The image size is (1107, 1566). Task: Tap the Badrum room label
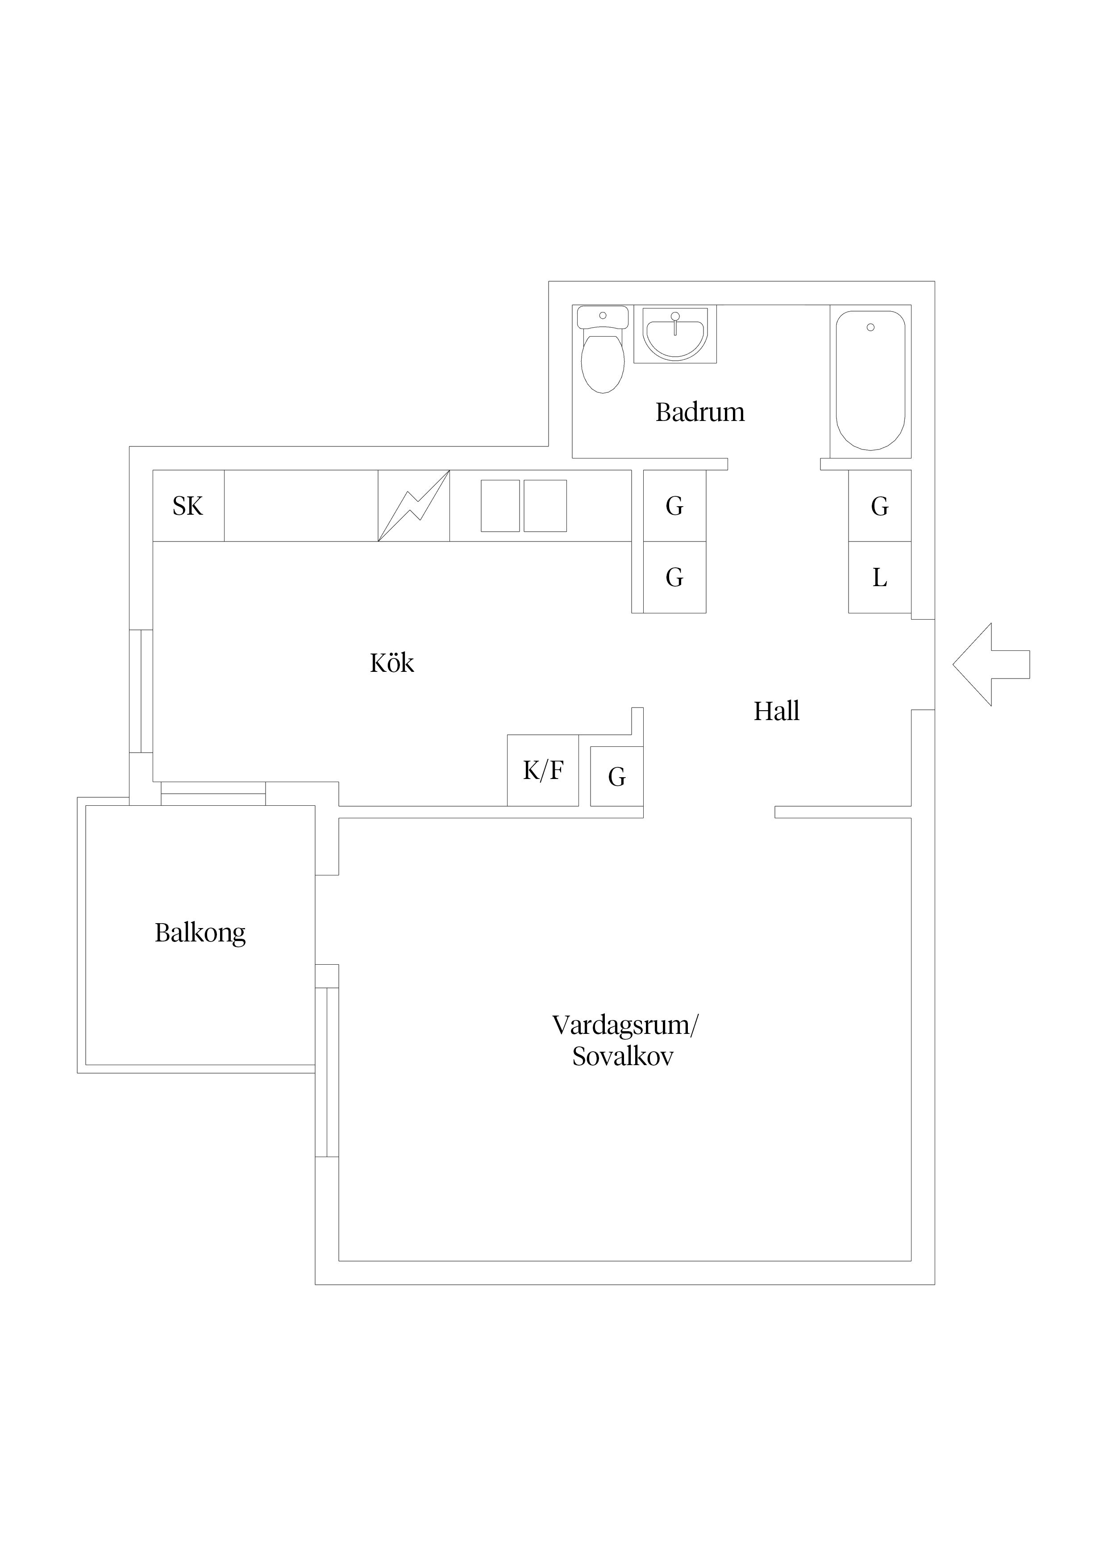pyautogui.click(x=700, y=412)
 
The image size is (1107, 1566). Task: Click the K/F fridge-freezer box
pyautogui.click(x=543, y=770)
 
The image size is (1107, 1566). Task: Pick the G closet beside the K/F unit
pyautogui.click(x=616, y=776)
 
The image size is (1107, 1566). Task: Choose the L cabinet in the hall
pyautogui.click(x=880, y=577)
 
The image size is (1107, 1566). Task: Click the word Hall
pyautogui.click(x=776, y=712)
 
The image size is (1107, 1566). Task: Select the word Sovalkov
pyautogui.click(x=623, y=1057)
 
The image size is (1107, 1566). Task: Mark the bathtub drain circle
pyautogui.click(x=870, y=327)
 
